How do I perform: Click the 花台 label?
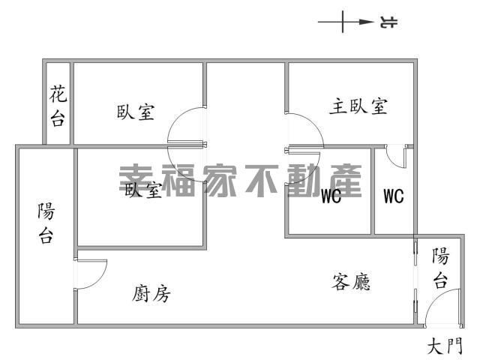point(58,106)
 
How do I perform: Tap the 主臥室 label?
point(358,106)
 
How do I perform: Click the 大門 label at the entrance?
point(445,346)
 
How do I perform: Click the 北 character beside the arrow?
point(388,22)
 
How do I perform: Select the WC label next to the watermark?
point(331,196)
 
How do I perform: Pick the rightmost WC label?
point(394,196)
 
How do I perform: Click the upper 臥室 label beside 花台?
point(136,112)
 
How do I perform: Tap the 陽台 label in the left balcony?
point(46,223)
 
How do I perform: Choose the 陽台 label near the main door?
point(440,268)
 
